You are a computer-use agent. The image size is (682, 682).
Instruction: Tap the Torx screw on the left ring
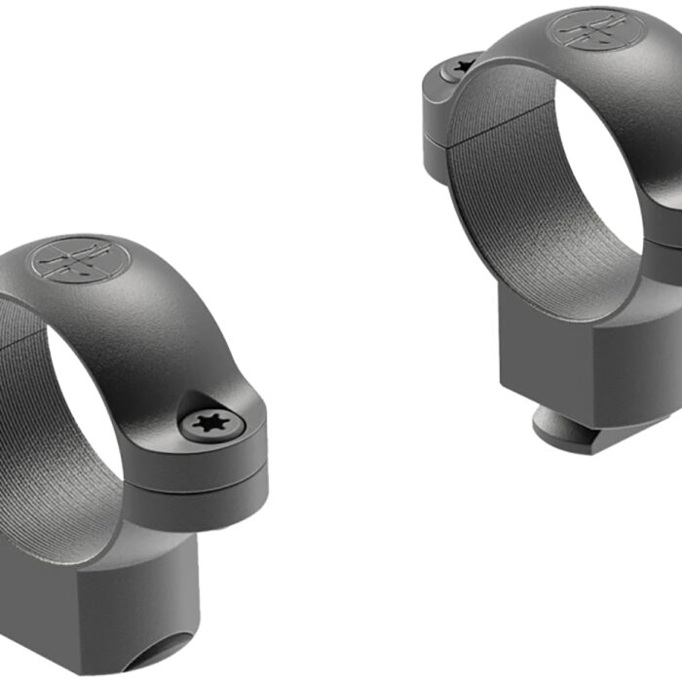pos(207,423)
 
